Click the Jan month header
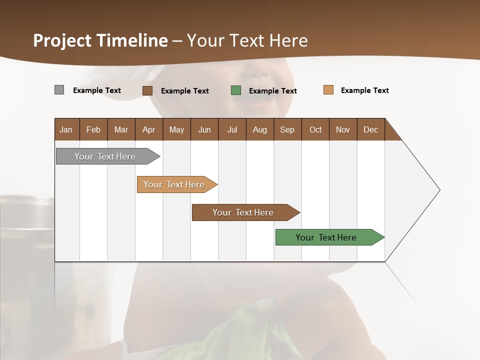pyautogui.click(x=66, y=129)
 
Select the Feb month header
pyautogui.click(x=93, y=129)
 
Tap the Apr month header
pyautogui.click(x=148, y=129)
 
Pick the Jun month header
pyautogui.click(x=204, y=129)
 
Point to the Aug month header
pyautogui.click(x=259, y=129)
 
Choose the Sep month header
pyautogui.click(x=287, y=129)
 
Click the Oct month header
pyautogui.click(x=315, y=129)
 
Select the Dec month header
pyautogui.click(x=370, y=129)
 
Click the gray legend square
pyautogui.click(x=59, y=90)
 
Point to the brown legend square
pyautogui.click(x=147, y=90)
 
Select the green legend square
pyautogui.click(x=236, y=90)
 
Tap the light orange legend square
pyautogui.click(x=328, y=90)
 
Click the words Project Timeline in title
pyautogui.click(x=100, y=40)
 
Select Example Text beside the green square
pyautogui.click(x=272, y=91)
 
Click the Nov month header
pyautogui.click(x=343, y=129)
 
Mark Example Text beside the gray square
pyautogui.click(x=96, y=90)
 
